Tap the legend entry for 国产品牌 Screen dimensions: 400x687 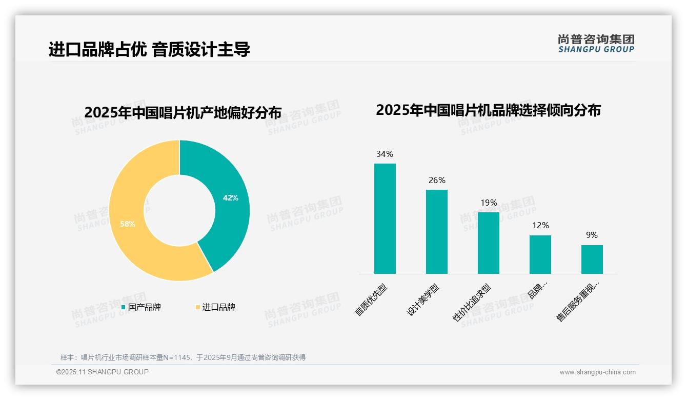(141, 307)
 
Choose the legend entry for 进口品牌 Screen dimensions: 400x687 (215, 307)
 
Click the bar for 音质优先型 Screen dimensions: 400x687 (385, 218)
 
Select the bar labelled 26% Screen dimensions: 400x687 (437, 232)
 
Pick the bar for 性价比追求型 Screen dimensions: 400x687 (489, 243)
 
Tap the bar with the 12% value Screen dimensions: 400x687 (540, 254)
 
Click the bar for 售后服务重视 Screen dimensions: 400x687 (592, 259)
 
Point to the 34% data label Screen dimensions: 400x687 (385, 154)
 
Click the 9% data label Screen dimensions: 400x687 (592, 235)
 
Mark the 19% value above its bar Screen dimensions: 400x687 (489, 203)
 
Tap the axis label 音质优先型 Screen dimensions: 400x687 (372, 300)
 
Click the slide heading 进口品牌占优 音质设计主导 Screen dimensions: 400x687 (149, 49)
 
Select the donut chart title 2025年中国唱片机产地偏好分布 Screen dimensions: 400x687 (183, 112)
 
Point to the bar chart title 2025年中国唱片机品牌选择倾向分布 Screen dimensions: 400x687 (488, 110)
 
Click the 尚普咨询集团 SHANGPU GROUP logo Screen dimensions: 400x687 (596, 44)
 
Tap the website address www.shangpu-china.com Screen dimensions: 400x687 (597, 372)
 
